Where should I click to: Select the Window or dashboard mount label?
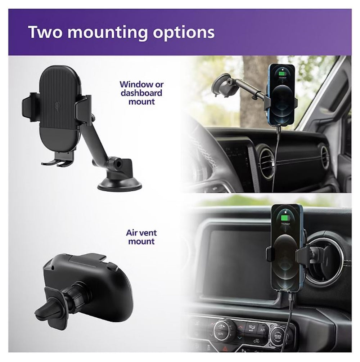pos(141,93)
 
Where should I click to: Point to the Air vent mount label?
pos(141,237)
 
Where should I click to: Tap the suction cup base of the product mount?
pos(119,184)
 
